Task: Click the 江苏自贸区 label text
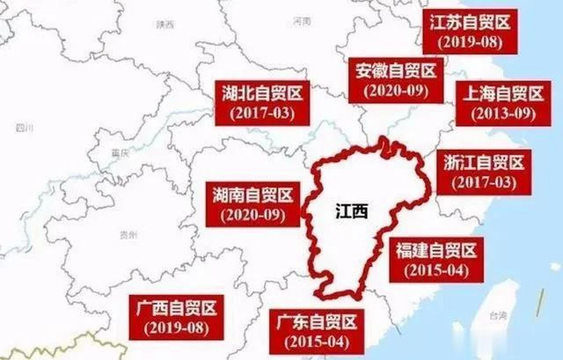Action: [x=470, y=22]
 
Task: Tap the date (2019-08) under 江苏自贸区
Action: [x=470, y=43]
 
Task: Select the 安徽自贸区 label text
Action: [x=396, y=71]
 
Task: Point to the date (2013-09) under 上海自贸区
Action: [x=503, y=114]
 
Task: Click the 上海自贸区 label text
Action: [x=503, y=94]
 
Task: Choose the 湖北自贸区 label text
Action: [x=262, y=93]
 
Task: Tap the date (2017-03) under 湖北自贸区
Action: [x=262, y=113]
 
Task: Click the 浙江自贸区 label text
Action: [x=484, y=163]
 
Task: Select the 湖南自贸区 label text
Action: [x=253, y=195]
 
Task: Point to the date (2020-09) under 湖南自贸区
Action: [x=253, y=215]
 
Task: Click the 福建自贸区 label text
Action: [x=436, y=251]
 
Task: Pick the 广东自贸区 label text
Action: [x=316, y=322]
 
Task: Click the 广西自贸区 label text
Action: [x=176, y=308]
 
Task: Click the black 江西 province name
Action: [x=352, y=211]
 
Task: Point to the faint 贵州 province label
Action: [x=129, y=235]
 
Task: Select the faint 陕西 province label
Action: [x=165, y=25]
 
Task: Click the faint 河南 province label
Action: [x=302, y=21]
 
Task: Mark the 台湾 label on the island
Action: [x=498, y=316]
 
